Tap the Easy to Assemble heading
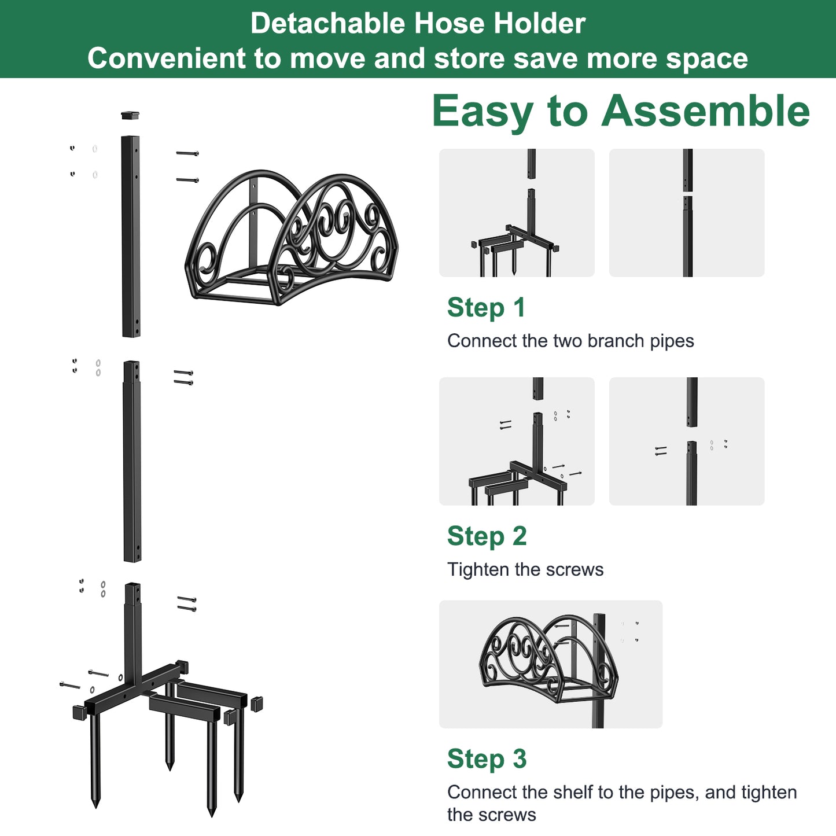(x=620, y=111)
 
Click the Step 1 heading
(x=486, y=308)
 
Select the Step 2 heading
(x=487, y=536)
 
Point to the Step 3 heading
(x=487, y=759)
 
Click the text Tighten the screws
(x=525, y=570)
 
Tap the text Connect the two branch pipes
(x=570, y=341)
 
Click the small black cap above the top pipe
(x=130, y=115)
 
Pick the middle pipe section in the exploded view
(x=132, y=461)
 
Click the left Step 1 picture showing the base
(x=517, y=212)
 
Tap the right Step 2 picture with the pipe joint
(x=687, y=441)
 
